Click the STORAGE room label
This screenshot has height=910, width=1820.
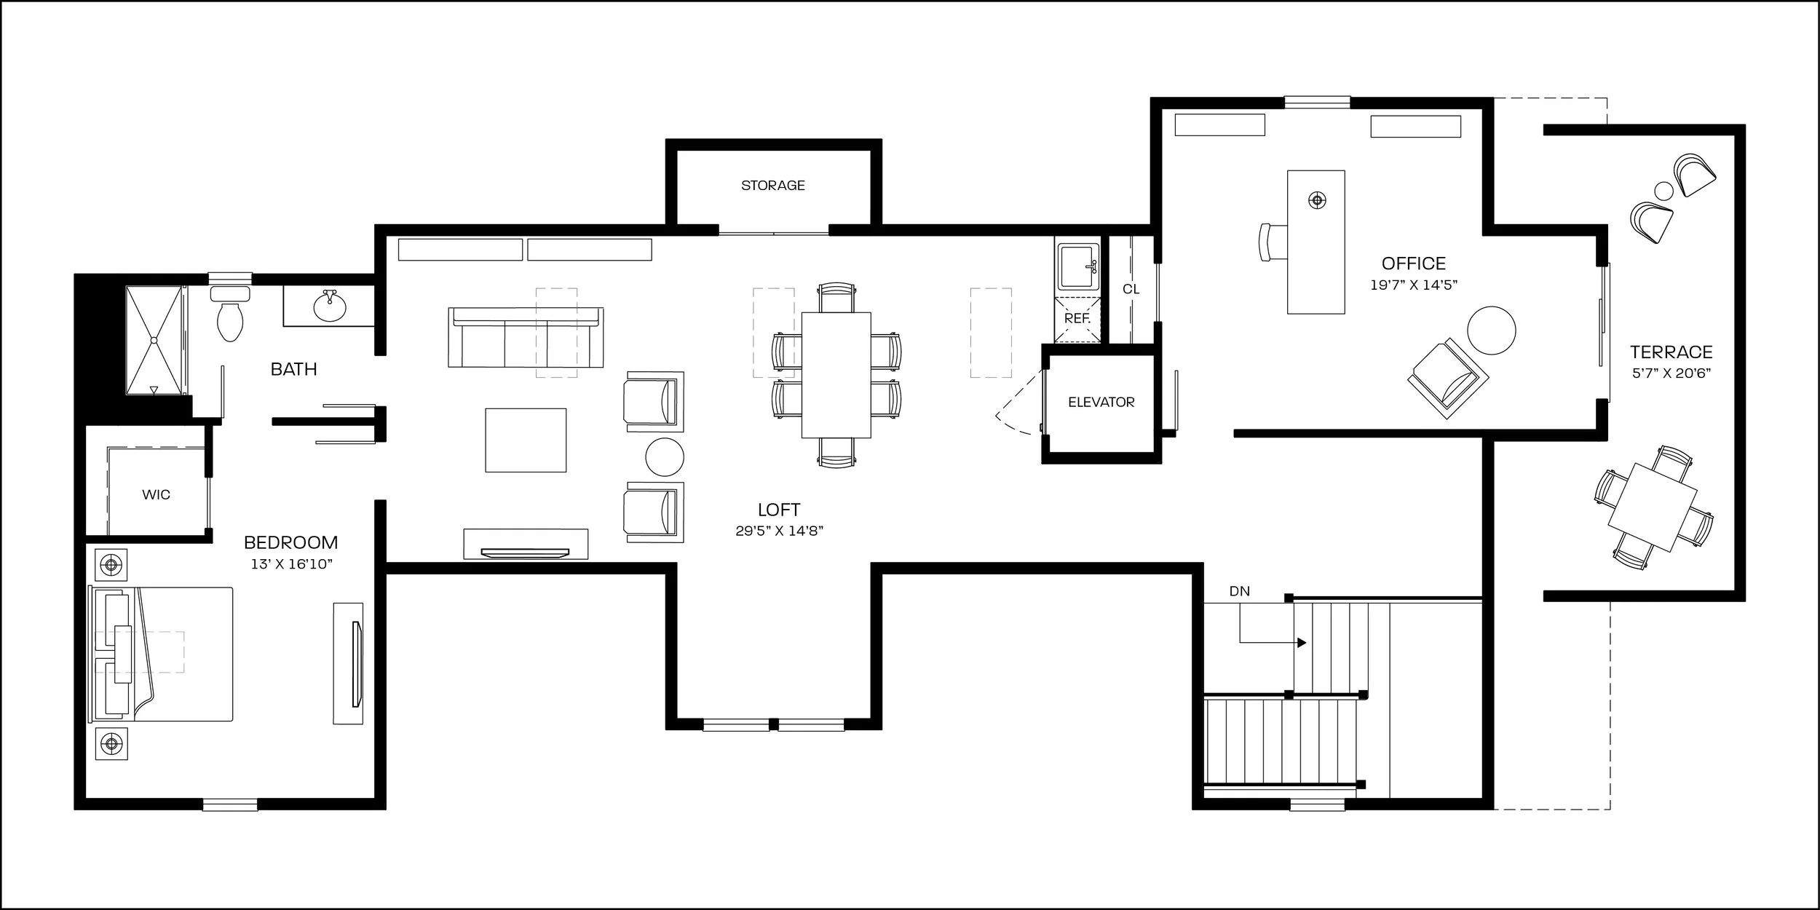[772, 186]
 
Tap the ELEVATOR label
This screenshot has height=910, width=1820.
[1101, 402]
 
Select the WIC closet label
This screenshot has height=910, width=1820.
[156, 495]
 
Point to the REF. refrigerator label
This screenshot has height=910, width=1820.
[1077, 318]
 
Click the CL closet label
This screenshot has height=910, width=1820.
[1131, 289]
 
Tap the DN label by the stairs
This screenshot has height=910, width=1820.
[1240, 591]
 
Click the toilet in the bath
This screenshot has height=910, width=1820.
[230, 314]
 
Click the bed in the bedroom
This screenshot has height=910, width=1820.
[161, 654]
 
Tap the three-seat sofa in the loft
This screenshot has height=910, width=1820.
[526, 337]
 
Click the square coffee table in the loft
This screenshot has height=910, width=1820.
[526, 440]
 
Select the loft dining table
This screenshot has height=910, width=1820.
[836, 375]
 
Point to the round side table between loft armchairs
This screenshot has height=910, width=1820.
[665, 457]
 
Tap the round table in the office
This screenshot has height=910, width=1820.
[1492, 331]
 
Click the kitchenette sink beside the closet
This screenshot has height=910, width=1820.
[1076, 266]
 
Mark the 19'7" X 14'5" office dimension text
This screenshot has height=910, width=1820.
[1414, 285]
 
